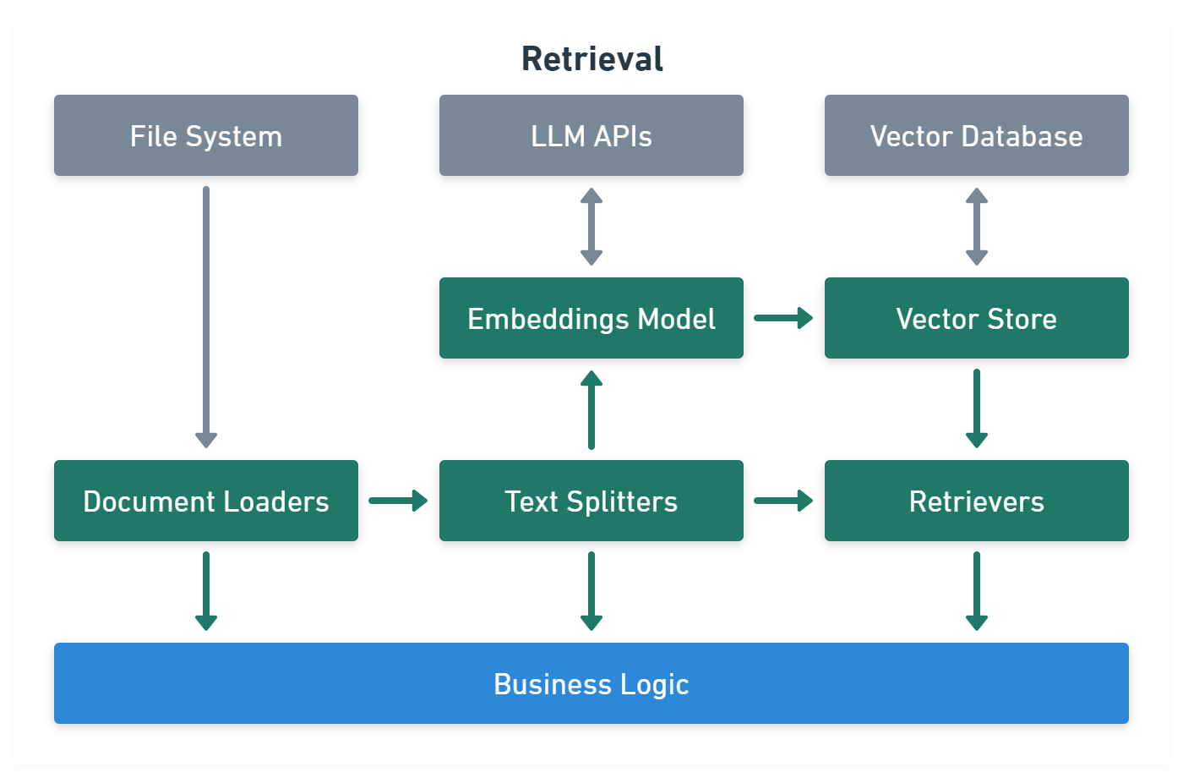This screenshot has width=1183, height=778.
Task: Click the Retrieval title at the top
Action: pos(591,59)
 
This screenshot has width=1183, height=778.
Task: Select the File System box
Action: pos(206,135)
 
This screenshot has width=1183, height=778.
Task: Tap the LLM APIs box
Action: pos(591,135)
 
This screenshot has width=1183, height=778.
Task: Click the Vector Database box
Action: pos(977,135)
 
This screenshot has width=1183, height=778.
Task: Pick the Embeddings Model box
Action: pos(591,318)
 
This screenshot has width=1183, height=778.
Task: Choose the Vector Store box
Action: pos(977,318)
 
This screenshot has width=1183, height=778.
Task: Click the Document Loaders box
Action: pos(206,501)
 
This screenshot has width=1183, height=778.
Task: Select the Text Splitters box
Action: pos(591,501)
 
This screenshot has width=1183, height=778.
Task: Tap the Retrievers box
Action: pos(977,501)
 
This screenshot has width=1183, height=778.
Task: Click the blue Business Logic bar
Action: pos(591,683)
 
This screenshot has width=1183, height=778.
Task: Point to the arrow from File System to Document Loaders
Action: pos(206,317)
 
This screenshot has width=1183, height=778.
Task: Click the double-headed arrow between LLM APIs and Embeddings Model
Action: pos(591,227)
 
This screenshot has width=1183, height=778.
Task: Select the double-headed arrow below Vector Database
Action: pos(977,227)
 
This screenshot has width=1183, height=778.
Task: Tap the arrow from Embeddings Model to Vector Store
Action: pos(783,318)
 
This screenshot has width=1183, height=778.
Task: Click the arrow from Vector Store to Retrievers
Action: pos(977,408)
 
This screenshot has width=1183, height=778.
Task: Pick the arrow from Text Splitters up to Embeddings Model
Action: pos(591,410)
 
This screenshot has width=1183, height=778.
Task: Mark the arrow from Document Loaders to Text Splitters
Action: pos(398,501)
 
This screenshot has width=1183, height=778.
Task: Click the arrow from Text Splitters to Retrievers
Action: pos(783,501)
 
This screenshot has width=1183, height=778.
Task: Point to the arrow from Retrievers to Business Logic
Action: pos(977,591)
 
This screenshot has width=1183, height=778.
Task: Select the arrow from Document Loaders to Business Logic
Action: pos(206,591)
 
